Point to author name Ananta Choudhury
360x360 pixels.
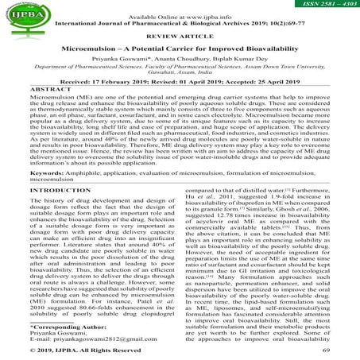click(180, 61)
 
